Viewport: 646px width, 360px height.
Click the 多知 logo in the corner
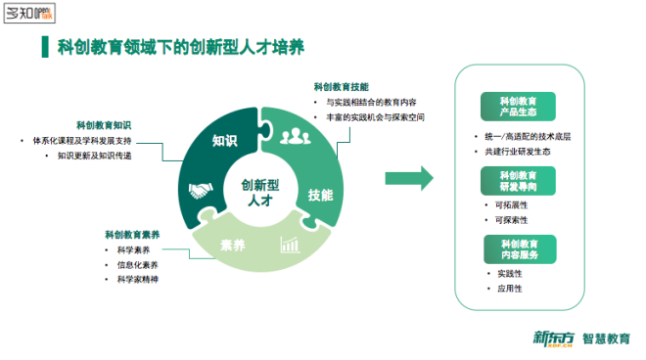[30, 15]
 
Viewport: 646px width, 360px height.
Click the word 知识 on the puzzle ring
[225, 141]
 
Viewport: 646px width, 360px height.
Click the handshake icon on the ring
[202, 192]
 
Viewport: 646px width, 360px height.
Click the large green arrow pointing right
[409, 177]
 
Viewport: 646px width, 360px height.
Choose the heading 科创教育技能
[341, 87]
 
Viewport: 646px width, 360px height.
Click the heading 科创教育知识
[104, 125]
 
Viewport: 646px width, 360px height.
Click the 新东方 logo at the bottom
[552, 338]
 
